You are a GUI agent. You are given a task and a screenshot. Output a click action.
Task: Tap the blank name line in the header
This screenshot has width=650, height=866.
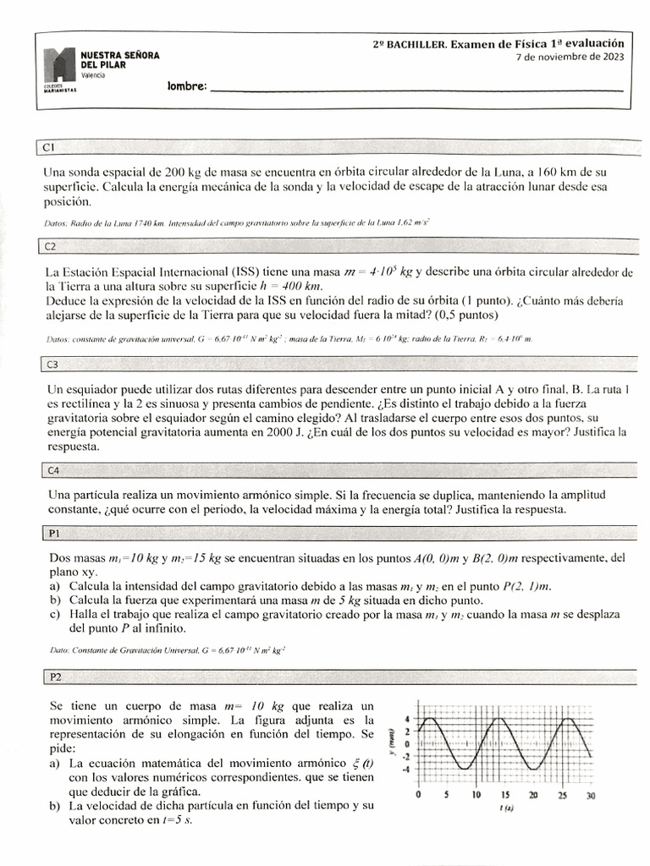click(x=415, y=88)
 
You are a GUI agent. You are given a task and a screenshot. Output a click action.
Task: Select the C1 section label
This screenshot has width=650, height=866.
click(x=49, y=148)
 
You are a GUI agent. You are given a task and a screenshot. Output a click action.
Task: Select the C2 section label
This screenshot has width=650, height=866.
click(x=50, y=247)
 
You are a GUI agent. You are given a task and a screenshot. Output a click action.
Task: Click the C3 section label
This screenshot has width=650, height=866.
click(x=50, y=364)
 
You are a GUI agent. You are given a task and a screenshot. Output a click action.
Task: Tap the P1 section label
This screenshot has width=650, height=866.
click(x=50, y=534)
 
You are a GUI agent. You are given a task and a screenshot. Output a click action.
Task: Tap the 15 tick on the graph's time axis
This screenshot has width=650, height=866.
click(x=504, y=796)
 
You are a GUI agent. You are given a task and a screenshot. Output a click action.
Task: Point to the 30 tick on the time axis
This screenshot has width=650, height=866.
click(x=591, y=796)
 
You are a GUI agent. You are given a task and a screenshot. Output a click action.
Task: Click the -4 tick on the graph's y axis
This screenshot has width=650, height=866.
click(x=406, y=769)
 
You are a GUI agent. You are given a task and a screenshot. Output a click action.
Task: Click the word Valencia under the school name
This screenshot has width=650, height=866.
click(x=93, y=76)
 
